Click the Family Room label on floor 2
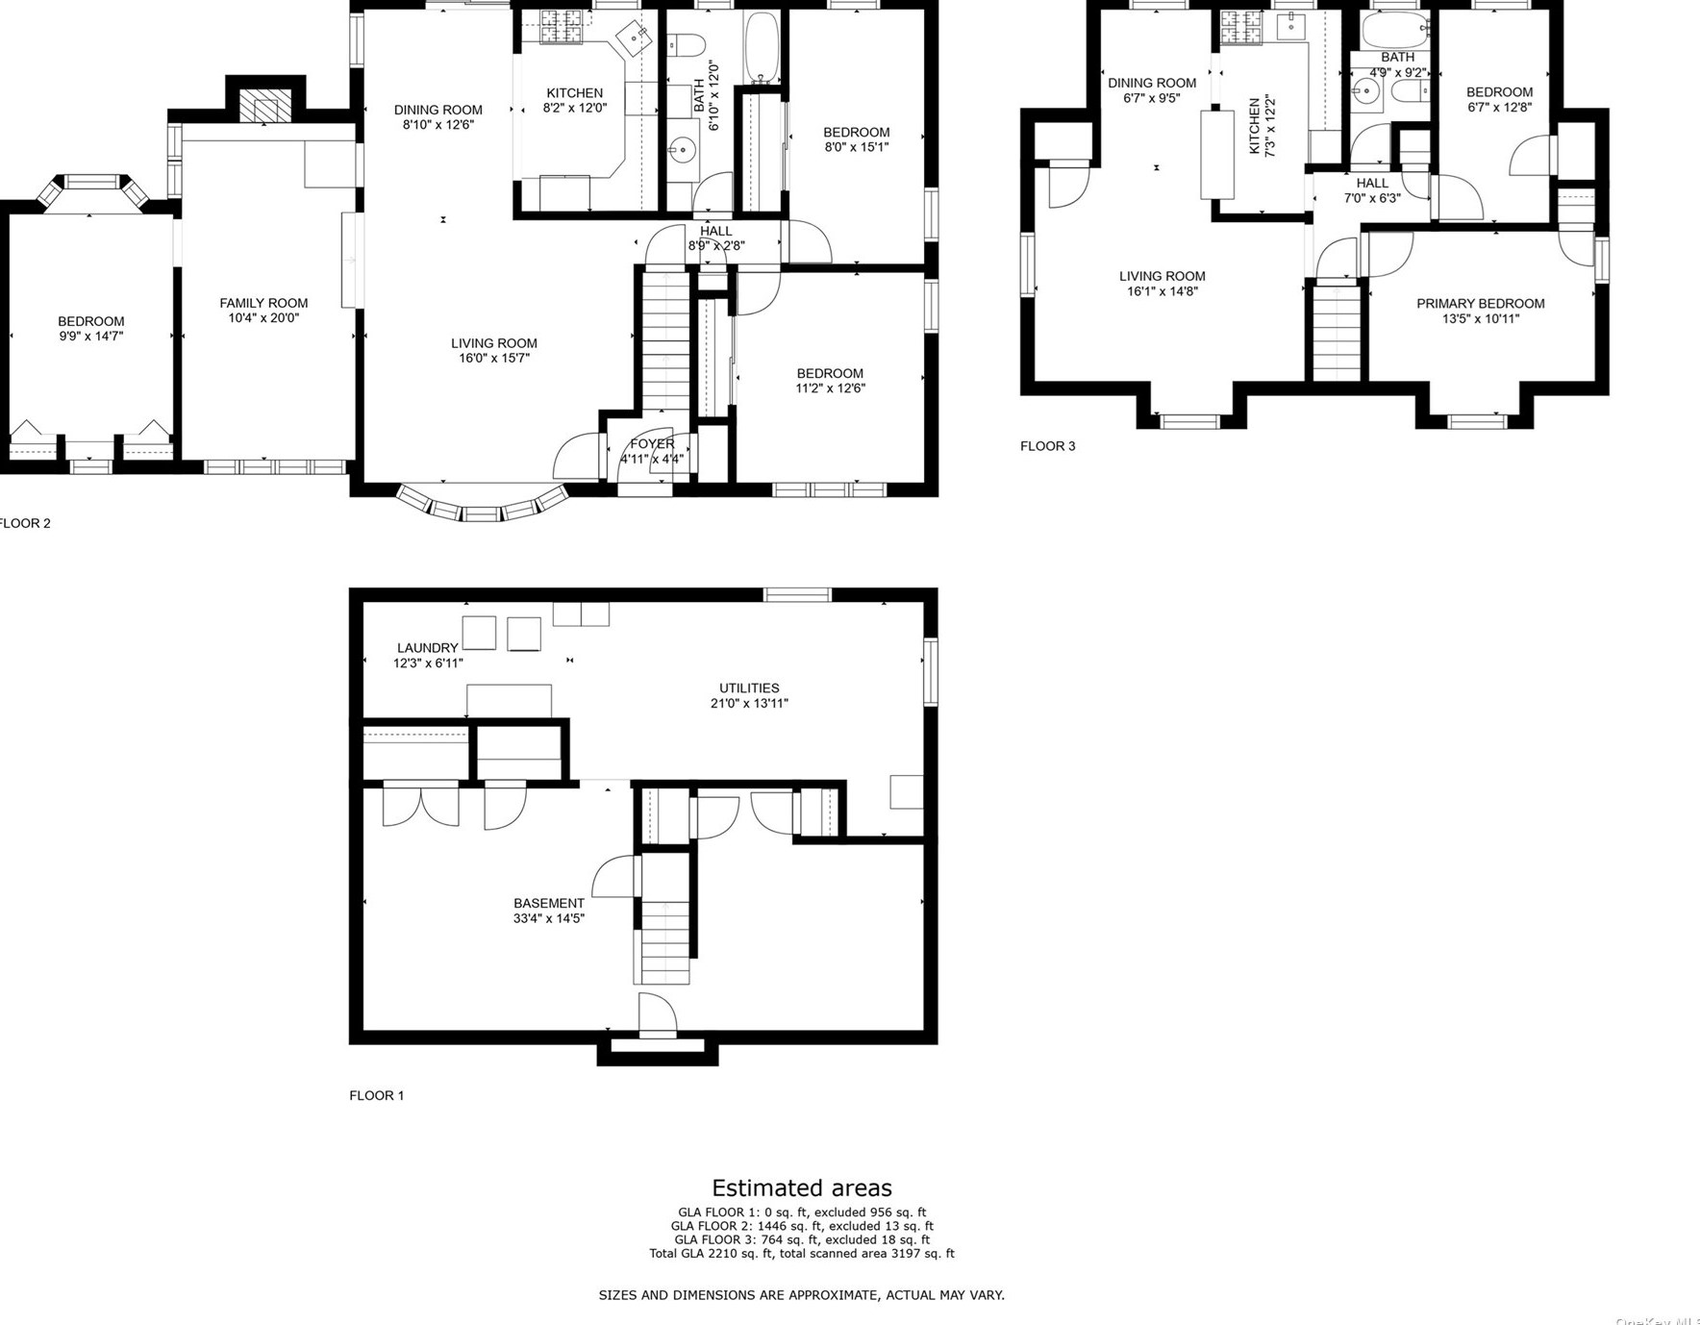pos(263,303)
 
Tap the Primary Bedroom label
pos(1480,304)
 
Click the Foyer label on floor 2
pos(652,444)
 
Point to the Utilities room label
pos(749,688)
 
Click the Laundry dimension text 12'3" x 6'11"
pos(428,663)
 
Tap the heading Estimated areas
pos(801,1187)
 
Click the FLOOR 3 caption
pos(1047,446)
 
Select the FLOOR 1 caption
pos(376,1095)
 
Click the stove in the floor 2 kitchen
pos(562,26)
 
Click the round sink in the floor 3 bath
pos(1364,92)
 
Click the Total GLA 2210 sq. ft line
pos(801,1253)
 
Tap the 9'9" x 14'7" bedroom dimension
pos(90,337)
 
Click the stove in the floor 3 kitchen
pos(1240,28)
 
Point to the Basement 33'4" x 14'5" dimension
pos(548,918)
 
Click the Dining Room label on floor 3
pos(1151,84)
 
